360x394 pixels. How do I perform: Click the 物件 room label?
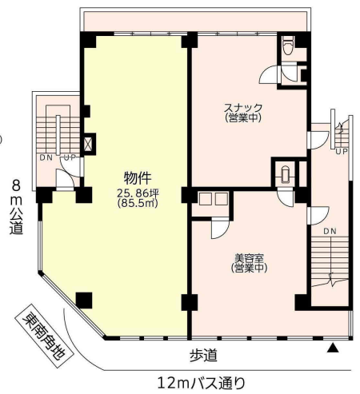tap(138, 178)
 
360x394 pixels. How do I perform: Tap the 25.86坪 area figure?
tap(138, 193)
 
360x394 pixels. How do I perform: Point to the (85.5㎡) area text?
tap(138, 203)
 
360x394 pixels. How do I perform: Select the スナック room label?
tap(243, 108)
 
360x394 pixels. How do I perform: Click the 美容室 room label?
tap(249, 258)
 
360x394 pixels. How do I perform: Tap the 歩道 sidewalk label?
tap(203, 356)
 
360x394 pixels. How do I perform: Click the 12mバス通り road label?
tap(201, 383)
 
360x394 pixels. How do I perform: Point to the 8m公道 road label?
tap(16, 207)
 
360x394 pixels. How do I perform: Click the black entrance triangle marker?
tap(333, 348)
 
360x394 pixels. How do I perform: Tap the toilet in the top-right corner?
tap(288, 46)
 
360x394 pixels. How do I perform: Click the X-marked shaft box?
tap(89, 144)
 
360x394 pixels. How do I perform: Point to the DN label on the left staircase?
tap(46, 157)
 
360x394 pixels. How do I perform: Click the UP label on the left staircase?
tap(70, 157)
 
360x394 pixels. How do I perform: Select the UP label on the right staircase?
tap(342, 152)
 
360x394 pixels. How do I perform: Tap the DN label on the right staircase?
tap(330, 232)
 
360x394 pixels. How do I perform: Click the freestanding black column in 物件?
tap(84, 300)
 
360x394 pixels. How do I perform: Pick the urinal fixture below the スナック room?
tap(285, 175)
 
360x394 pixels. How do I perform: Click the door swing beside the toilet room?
tap(269, 74)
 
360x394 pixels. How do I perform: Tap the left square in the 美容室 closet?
tap(205, 199)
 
